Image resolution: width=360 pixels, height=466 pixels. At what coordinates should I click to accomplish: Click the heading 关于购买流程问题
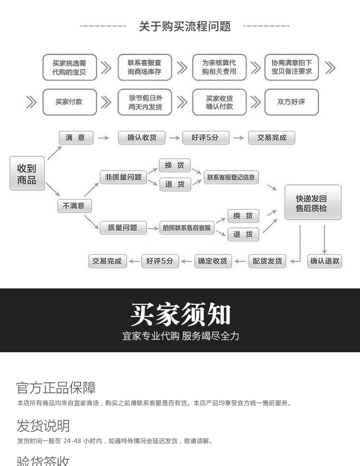click(185, 26)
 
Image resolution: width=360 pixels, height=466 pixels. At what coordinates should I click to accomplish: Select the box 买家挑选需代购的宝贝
click(70, 68)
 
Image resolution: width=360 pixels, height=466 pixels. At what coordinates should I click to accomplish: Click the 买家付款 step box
click(69, 102)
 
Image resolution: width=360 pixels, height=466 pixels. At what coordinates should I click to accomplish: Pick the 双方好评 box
click(291, 102)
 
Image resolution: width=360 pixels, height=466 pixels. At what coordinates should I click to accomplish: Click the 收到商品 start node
click(27, 174)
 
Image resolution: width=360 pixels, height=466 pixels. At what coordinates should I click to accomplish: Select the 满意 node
click(75, 138)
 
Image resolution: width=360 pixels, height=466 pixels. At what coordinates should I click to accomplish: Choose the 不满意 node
click(74, 206)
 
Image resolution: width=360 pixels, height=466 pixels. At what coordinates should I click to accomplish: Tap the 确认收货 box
click(142, 138)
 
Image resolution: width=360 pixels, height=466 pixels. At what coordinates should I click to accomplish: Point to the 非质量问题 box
click(123, 177)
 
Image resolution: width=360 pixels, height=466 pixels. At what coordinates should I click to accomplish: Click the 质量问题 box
click(119, 227)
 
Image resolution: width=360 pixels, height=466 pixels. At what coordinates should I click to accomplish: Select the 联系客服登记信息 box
click(231, 177)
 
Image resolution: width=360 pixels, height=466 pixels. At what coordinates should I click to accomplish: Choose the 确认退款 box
click(324, 261)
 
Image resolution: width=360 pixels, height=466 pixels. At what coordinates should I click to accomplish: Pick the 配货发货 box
click(267, 261)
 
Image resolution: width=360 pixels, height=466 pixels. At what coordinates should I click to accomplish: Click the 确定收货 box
click(213, 261)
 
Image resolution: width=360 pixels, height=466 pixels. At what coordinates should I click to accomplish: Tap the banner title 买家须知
click(180, 315)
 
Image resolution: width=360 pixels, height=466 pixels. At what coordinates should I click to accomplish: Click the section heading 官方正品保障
click(56, 388)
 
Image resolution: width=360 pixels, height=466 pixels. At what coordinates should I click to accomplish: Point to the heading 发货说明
click(43, 426)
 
